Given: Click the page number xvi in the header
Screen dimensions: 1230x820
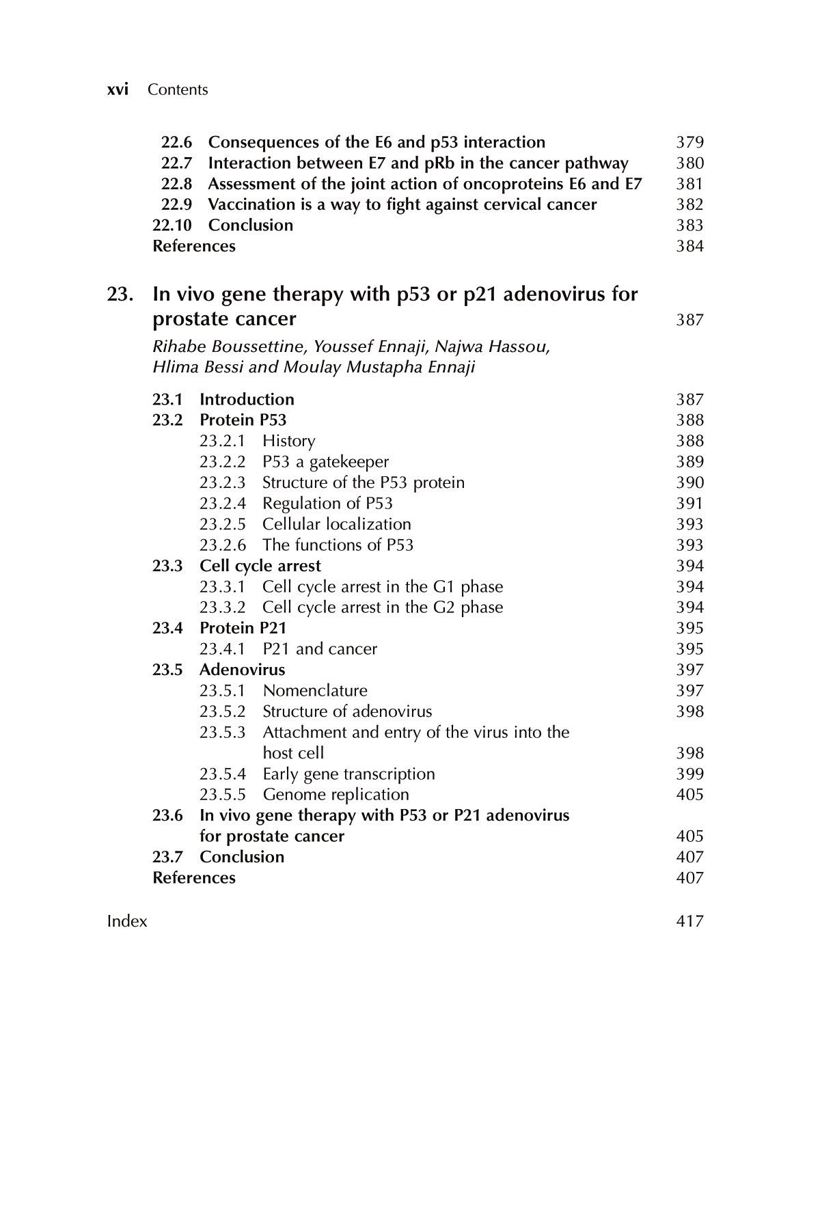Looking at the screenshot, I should (x=118, y=90).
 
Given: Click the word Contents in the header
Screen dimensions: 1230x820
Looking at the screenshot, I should (x=178, y=90).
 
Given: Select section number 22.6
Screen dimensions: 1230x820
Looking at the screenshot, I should (x=176, y=142).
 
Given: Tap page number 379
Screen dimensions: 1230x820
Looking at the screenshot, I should (x=689, y=142).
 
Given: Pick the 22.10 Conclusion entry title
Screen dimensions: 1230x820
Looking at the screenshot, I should (x=250, y=225).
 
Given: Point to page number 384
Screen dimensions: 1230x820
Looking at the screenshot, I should (x=689, y=246).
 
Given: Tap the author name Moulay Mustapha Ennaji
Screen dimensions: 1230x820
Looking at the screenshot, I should (x=380, y=367).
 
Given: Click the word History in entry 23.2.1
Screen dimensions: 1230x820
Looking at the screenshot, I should (x=288, y=441).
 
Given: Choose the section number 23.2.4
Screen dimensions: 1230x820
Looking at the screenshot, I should (x=222, y=504).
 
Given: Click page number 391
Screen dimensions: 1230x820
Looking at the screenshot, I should (x=689, y=504).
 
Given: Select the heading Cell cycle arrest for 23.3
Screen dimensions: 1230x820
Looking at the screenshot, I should (x=260, y=566).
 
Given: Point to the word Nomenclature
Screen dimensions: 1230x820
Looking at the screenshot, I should (x=314, y=691).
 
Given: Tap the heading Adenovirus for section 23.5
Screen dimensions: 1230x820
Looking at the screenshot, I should (x=242, y=670).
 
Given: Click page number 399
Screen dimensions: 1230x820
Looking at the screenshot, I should (x=689, y=774).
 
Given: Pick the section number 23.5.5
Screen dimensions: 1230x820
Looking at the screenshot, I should (x=222, y=795).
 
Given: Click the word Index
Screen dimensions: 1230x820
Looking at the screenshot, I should (x=127, y=921).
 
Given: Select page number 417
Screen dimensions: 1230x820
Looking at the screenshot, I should (x=689, y=921).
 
